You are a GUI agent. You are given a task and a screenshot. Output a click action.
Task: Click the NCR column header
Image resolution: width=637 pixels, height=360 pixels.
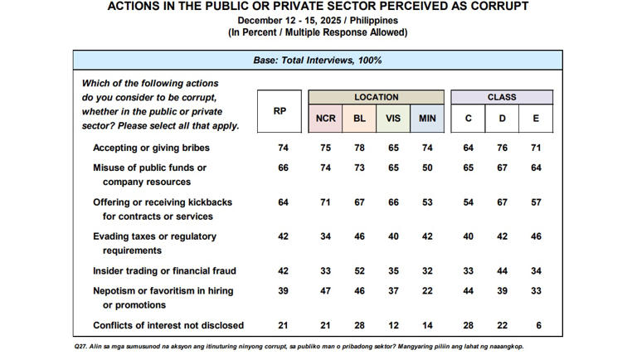pyautogui.click(x=326, y=119)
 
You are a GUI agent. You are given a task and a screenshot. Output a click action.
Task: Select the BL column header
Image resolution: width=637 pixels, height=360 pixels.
pyautogui.click(x=360, y=119)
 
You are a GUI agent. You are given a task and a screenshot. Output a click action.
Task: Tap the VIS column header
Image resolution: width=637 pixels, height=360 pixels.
pyautogui.click(x=393, y=119)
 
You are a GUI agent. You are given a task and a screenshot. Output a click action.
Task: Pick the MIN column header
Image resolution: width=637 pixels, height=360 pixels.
pyautogui.click(x=427, y=119)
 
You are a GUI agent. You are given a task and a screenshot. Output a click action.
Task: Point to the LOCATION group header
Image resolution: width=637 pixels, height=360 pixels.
pyautogui.click(x=377, y=97)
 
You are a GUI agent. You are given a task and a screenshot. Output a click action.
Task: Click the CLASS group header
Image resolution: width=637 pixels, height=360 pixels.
pyautogui.click(x=502, y=97)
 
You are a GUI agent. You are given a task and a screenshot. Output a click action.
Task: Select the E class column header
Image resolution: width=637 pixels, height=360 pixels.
pyautogui.click(x=536, y=119)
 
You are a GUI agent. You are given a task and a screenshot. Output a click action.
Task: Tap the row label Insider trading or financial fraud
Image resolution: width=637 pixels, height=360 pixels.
pyautogui.click(x=163, y=270)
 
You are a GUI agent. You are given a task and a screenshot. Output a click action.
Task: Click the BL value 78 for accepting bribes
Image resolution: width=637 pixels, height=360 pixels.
pyautogui.click(x=360, y=148)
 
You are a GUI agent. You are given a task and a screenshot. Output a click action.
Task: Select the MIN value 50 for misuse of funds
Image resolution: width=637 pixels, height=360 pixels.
pyautogui.click(x=427, y=168)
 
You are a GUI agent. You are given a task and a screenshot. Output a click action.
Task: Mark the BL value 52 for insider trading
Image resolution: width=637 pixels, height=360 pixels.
pyautogui.click(x=360, y=270)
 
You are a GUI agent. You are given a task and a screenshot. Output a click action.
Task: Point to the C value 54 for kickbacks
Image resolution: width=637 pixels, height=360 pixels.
pyautogui.click(x=469, y=202)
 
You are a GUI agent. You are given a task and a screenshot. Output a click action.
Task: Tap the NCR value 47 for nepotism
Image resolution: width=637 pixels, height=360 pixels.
pyautogui.click(x=326, y=290)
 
